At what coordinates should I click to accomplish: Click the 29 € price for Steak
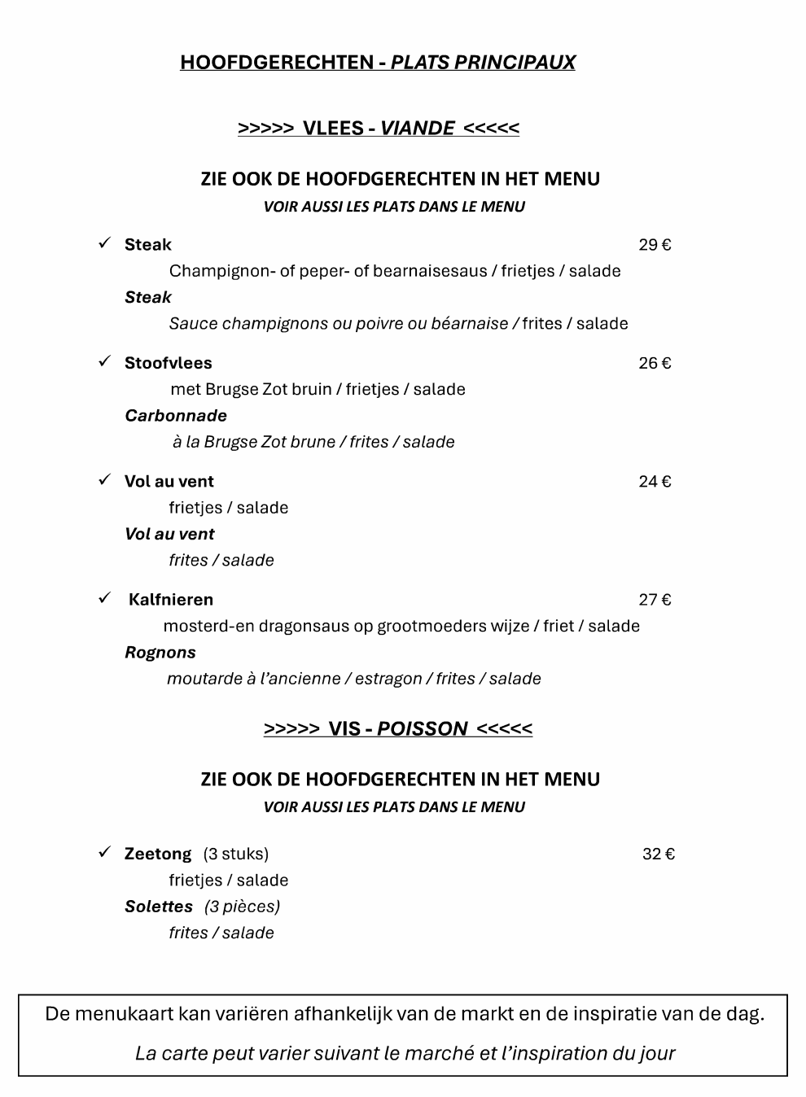(655, 245)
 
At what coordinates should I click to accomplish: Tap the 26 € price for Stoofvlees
(655, 363)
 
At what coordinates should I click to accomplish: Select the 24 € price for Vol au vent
(655, 482)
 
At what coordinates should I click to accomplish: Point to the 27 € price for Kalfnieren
(655, 600)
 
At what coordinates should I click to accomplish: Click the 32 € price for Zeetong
(659, 854)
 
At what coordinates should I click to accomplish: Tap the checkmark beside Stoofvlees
(104, 361)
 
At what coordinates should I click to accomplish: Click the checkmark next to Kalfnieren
(104, 598)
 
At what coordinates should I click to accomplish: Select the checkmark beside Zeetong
(104, 852)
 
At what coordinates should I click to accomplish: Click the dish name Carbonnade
(176, 416)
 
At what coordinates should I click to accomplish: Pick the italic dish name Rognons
(160, 653)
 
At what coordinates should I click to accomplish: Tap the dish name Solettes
(159, 907)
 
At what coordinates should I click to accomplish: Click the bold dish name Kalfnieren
(171, 600)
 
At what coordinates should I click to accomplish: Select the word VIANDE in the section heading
(417, 128)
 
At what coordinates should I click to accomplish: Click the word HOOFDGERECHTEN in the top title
(276, 63)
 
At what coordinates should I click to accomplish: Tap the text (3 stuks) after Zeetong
(236, 854)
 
